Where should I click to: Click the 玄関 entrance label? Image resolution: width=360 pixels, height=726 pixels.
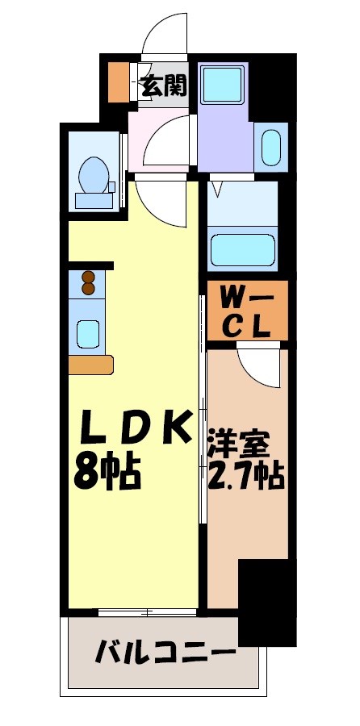(164, 86)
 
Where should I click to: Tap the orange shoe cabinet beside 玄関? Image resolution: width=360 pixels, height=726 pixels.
(118, 81)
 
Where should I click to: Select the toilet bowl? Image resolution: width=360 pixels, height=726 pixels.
(94, 172)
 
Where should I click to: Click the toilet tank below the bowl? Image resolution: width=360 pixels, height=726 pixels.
(94, 199)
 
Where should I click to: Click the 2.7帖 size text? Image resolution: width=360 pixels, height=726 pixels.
(245, 477)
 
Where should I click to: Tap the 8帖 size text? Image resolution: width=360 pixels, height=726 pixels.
(107, 473)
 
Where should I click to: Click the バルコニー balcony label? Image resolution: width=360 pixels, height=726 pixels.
(166, 652)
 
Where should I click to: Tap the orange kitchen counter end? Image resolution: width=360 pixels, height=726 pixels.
(90, 365)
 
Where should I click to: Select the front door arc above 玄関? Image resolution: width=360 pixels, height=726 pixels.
(167, 36)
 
